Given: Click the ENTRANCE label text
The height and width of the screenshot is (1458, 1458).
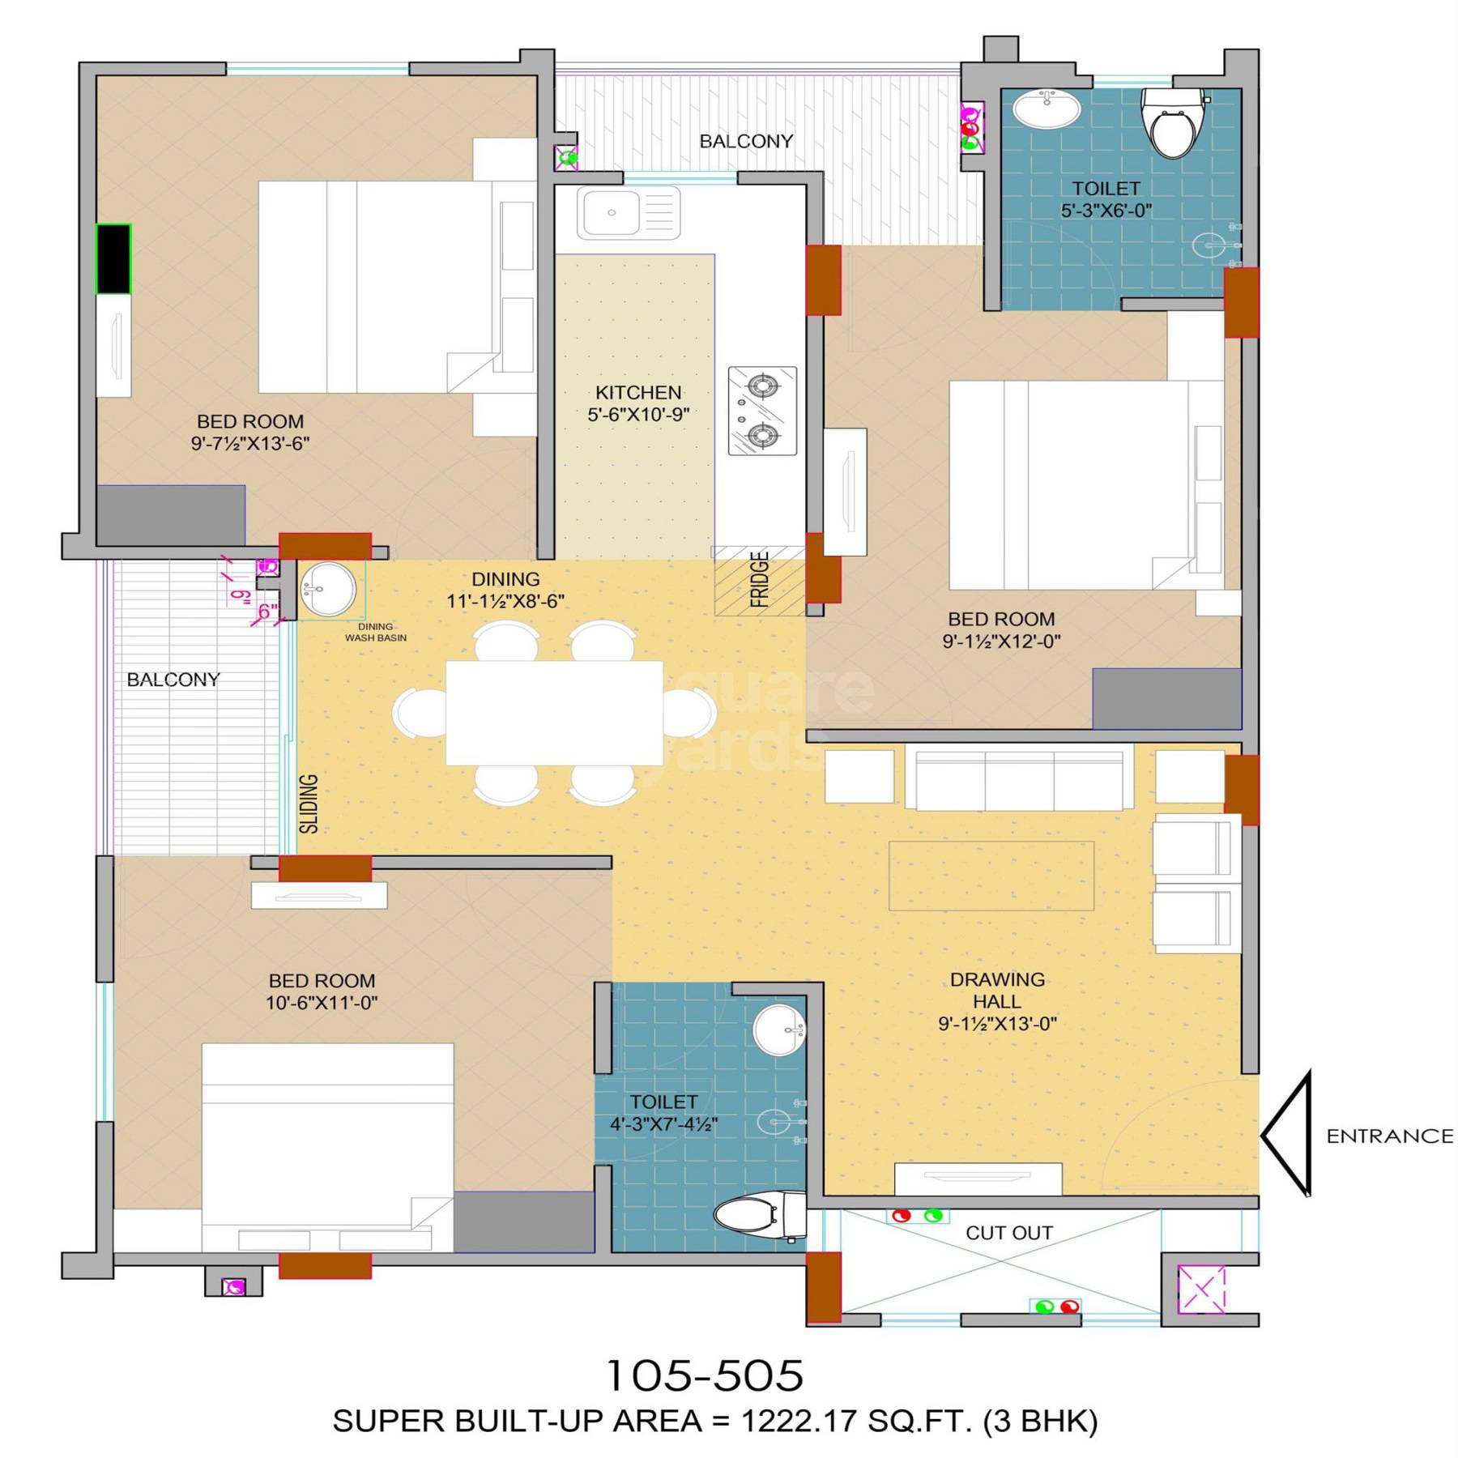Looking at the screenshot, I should coord(1389,1136).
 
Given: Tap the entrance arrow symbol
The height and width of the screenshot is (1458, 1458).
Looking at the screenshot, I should coord(1288,1135).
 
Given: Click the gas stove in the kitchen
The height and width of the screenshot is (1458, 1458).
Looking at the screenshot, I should coord(762,411).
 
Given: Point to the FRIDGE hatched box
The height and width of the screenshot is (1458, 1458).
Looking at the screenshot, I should coord(759,581).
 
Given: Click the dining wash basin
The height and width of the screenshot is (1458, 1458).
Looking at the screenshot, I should coord(327,590).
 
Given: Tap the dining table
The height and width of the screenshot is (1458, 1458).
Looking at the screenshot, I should coord(554,713).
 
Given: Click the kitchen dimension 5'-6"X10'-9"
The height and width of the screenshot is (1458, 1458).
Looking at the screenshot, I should coord(638,415).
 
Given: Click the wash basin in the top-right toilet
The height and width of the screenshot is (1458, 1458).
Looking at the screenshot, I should coord(1047,108).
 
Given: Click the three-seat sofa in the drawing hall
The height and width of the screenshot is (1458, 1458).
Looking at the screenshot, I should coord(1019,779).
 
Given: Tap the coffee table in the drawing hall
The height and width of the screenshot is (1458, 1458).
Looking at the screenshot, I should coord(991,876).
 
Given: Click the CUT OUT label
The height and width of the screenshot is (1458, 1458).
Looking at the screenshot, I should coord(1008,1233).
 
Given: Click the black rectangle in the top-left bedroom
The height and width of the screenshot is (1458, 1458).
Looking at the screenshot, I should coord(113,258).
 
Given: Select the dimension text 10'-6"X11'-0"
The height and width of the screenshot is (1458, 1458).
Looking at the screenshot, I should coord(322,1003).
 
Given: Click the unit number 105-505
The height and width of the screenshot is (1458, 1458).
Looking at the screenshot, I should coord(705,1375).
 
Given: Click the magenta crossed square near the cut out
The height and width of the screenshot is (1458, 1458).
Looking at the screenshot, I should coord(1201,1289).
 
